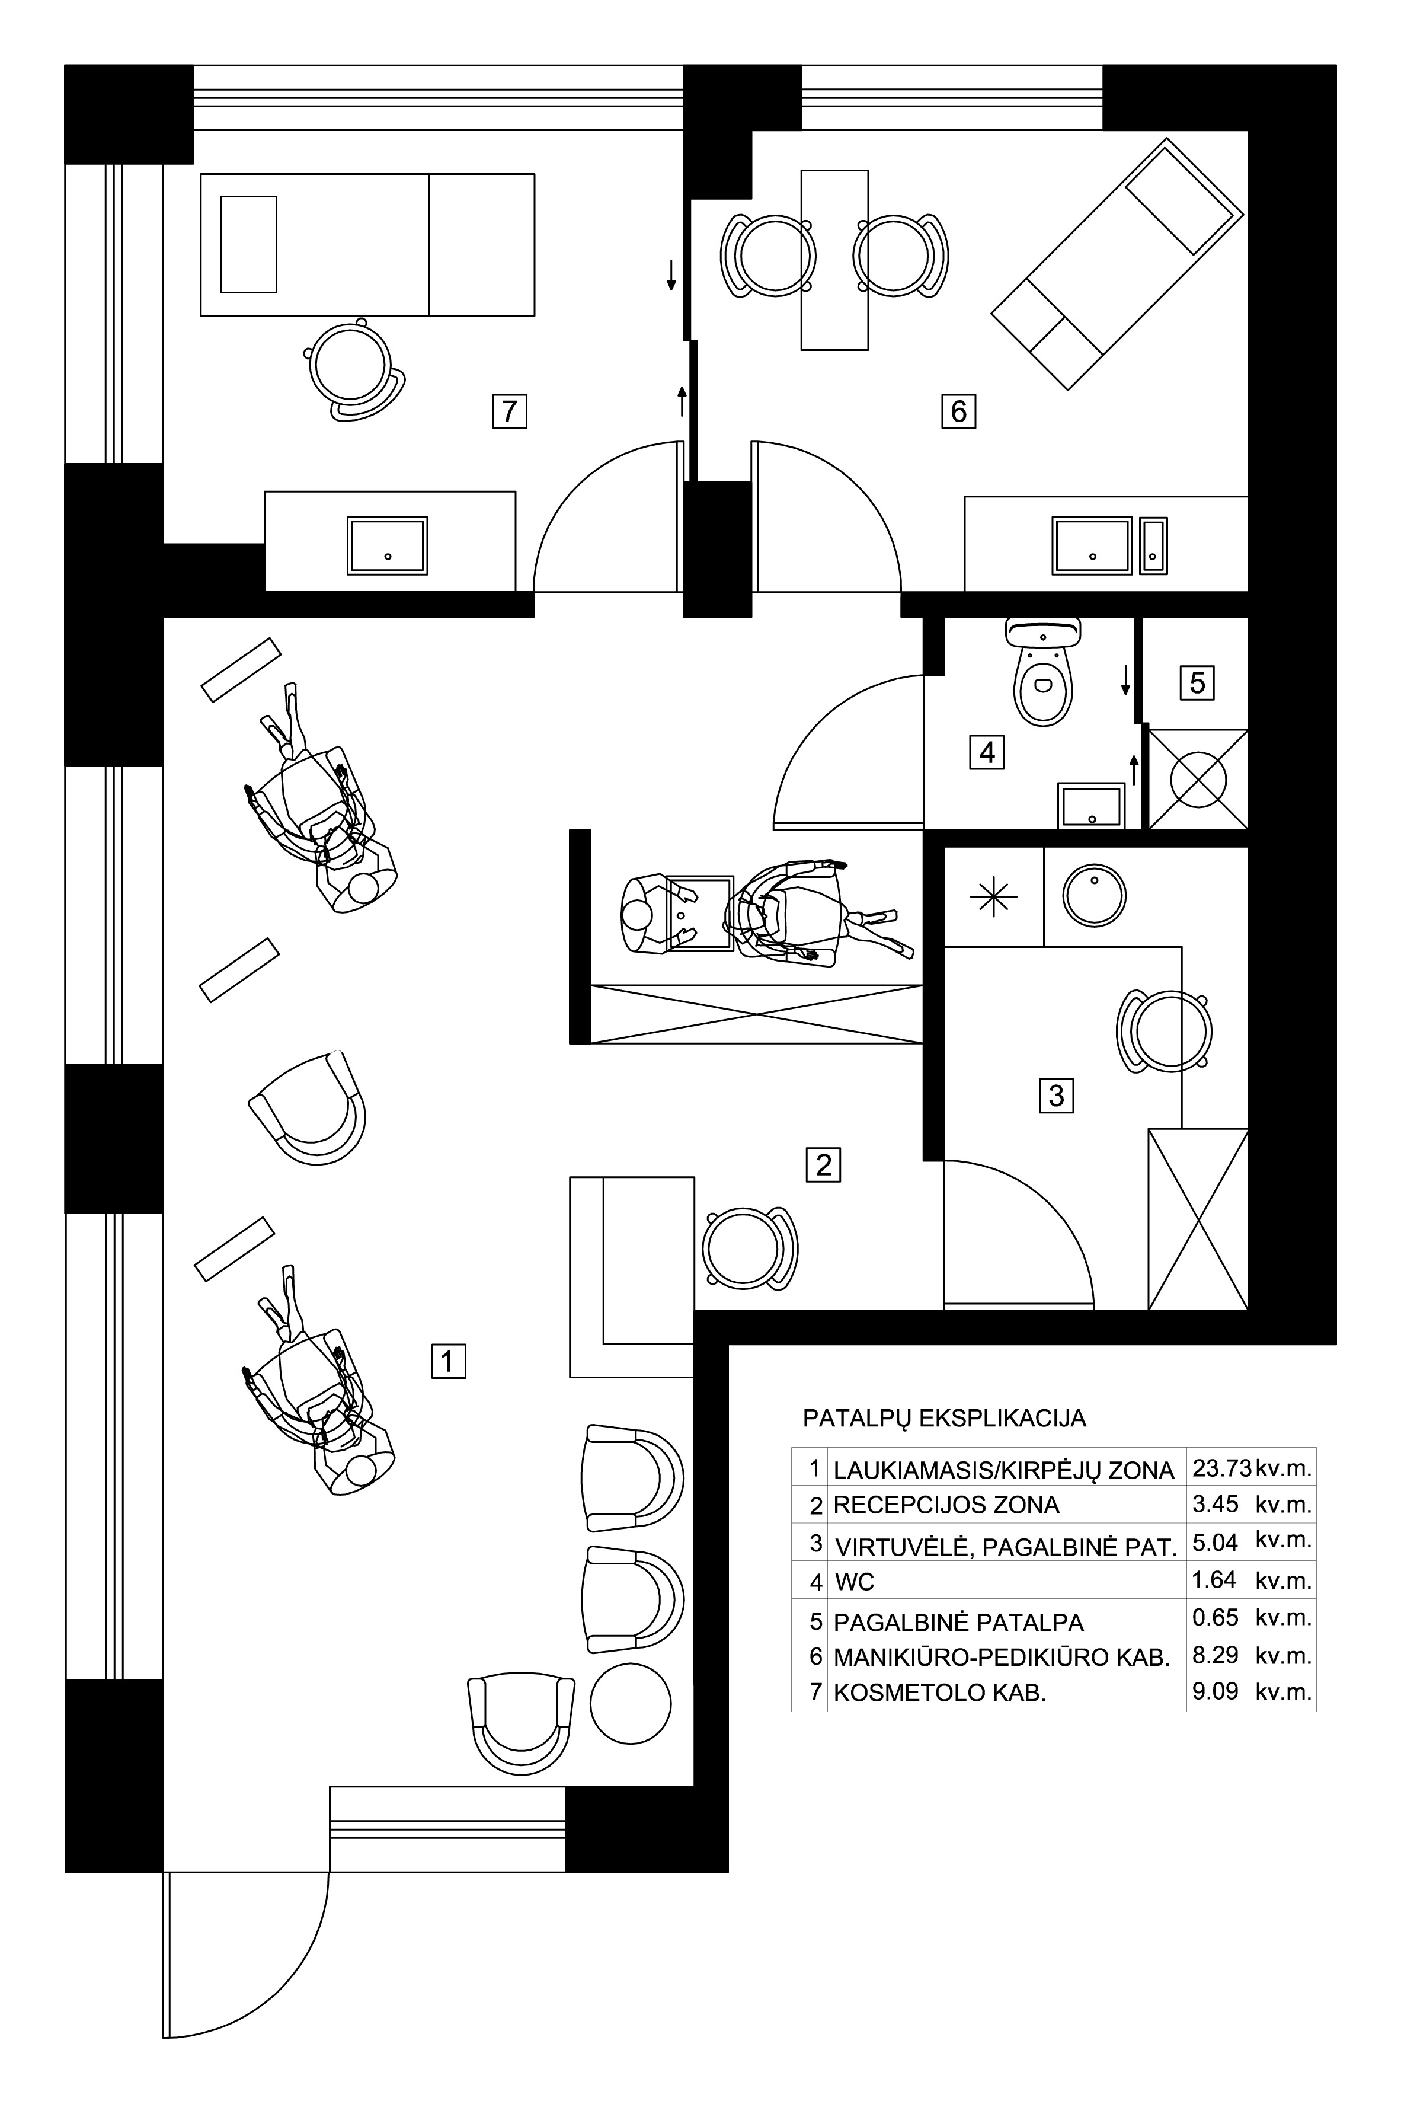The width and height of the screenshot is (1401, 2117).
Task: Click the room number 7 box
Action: [x=509, y=411]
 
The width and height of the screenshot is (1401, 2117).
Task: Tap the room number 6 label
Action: [x=959, y=411]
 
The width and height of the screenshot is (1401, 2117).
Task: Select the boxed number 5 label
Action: [x=1197, y=684]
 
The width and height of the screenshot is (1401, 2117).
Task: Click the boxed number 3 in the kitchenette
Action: [x=1056, y=1096]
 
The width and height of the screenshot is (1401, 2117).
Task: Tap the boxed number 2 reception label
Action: [x=824, y=1166]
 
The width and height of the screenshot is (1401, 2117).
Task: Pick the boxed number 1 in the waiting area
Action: [x=449, y=1361]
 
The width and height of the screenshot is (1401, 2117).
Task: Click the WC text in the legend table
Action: [x=854, y=1582]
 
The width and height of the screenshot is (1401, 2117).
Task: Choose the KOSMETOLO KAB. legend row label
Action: [x=939, y=1693]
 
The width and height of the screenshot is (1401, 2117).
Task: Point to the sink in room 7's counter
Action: [x=388, y=545]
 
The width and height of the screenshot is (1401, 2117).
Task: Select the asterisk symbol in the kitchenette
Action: [x=994, y=897]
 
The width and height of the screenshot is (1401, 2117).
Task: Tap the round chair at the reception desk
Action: [x=749, y=1249]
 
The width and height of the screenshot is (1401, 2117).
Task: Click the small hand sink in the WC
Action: [x=1091, y=806]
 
